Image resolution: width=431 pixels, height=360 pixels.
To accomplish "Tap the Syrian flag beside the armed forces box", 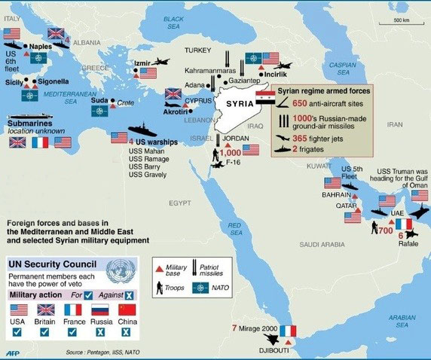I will pos(266,98).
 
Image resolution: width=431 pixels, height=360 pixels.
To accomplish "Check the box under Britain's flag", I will pos(47,332).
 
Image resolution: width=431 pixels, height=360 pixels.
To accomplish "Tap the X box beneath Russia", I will pos(99,332).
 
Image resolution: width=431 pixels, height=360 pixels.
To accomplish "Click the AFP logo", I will pos(12,352).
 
